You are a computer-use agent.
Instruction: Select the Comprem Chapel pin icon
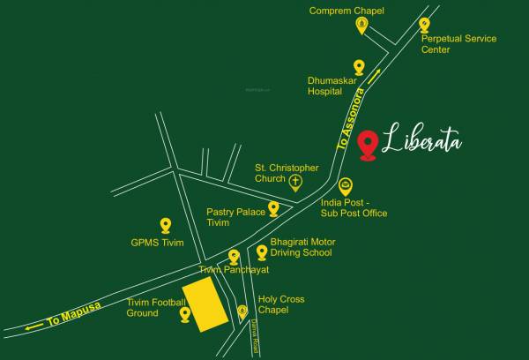pyautogui.click(x=361, y=26)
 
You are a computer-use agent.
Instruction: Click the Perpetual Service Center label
pyautogui.click(x=458, y=44)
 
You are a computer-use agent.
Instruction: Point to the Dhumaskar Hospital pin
pyautogui.click(x=359, y=67)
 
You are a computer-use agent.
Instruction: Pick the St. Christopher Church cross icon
pyautogui.click(x=296, y=183)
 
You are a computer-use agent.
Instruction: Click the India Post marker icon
pyautogui.click(x=346, y=187)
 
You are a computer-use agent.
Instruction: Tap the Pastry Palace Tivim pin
pyautogui.click(x=273, y=209)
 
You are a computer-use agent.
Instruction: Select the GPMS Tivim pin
pyautogui.click(x=165, y=226)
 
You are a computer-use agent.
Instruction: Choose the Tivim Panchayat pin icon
pyautogui.click(x=234, y=257)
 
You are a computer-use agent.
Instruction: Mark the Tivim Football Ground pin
pyautogui.click(x=185, y=313)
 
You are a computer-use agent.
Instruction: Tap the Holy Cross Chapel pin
pyautogui.click(x=242, y=311)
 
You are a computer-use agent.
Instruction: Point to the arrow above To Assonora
pyautogui.click(x=375, y=75)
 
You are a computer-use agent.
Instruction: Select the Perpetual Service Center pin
pyautogui.click(x=425, y=26)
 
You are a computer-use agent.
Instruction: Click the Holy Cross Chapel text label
pyautogui.click(x=281, y=304)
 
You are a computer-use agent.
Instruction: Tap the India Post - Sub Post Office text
pyautogui.click(x=353, y=207)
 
